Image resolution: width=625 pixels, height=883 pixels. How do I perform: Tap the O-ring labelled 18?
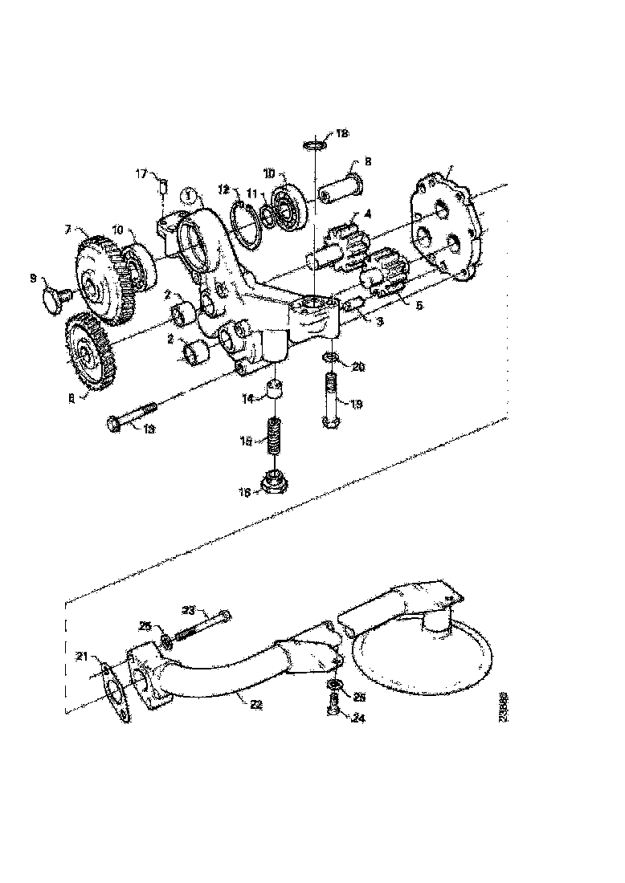(316, 145)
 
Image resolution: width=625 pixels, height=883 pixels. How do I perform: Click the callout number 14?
(249, 398)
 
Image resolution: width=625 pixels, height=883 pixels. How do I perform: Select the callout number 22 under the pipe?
(255, 704)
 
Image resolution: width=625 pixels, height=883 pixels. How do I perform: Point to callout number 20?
(358, 367)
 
